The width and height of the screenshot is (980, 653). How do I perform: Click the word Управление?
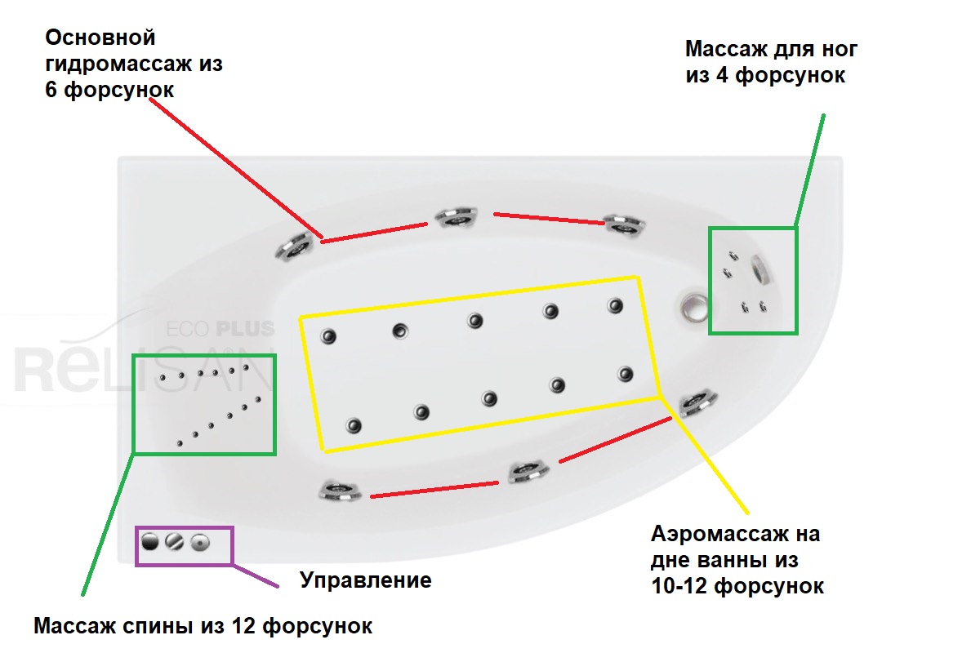tap(365, 581)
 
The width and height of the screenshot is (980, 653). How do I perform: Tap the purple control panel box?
tap(184, 545)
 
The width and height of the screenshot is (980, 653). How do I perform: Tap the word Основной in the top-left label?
tap(100, 38)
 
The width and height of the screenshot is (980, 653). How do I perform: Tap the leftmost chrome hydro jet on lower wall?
tap(338, 490)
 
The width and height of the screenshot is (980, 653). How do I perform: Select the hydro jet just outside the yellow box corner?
tap(697, 402)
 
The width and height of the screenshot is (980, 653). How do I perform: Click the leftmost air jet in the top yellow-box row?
tap(328, 335)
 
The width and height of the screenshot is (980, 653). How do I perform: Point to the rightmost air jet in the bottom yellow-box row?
tap(626, 375)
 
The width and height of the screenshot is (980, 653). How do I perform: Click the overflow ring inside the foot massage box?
tap(762, 269)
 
